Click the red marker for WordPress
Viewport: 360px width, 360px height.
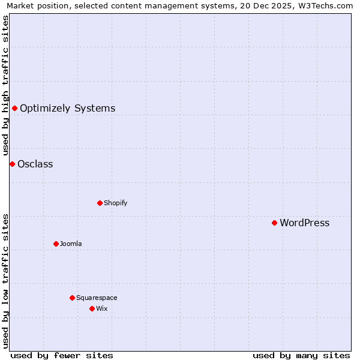point(274,223)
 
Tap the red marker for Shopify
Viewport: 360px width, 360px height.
point(100,203)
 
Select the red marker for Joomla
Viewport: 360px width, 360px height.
point(56,244)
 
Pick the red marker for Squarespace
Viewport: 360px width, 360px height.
point(72,298)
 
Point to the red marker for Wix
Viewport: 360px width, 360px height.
point(92,308)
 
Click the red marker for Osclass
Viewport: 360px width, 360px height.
point(12,164)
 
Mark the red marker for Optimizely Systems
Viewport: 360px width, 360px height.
point(14,108)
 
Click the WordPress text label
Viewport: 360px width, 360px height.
point(304,223)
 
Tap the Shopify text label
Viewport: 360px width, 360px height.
point(115,203)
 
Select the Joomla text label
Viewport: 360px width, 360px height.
point(71,244)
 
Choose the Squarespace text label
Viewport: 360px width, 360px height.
point(97,298)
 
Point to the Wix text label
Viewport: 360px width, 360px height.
point(101,308)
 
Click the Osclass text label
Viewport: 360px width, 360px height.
point(35,164)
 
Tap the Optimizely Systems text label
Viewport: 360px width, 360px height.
point(67,109)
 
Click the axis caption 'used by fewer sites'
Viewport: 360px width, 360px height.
point(62,355)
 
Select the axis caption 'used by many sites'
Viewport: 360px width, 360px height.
point(301,355)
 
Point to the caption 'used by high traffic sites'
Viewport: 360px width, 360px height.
point(5,86)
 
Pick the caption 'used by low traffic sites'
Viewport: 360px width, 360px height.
point(5,280)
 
